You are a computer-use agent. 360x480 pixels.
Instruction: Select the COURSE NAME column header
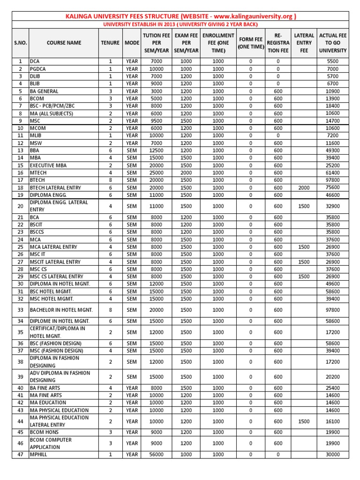64,43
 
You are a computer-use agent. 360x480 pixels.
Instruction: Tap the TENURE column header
110,43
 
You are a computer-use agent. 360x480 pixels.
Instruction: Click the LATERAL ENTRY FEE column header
304,43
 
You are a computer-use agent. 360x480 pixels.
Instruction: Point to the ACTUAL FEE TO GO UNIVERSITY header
332,43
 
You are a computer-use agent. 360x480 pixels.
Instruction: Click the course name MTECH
39,173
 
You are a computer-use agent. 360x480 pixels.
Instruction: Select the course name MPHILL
40,454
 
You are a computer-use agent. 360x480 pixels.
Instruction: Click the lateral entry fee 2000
304,187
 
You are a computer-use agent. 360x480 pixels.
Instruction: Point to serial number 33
20,310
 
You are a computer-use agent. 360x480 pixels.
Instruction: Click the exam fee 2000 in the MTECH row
186,173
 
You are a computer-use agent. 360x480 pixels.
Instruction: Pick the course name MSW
37,143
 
